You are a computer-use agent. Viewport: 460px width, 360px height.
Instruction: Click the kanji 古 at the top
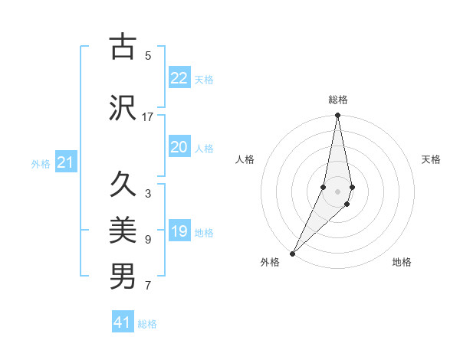click(x=123, y=47)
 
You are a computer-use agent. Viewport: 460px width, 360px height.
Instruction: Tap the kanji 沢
click(x=123, y=108)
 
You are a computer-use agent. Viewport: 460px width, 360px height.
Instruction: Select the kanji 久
click(x=123, y=185)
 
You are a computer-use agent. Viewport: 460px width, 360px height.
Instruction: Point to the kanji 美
click(x=123, y=230)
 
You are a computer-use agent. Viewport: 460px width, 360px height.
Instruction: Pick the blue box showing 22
click(x=179, y=78)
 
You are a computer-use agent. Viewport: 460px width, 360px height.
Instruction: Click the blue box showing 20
click(x=179, y=147)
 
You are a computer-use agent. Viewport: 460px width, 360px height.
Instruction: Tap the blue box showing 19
click(x=179, y=231)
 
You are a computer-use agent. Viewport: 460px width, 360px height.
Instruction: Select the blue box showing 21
click(x=66, y=162)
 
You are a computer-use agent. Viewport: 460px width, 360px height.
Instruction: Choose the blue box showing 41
click(x=123, y=322)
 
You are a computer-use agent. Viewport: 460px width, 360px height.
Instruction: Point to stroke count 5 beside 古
click(x=148, y=55)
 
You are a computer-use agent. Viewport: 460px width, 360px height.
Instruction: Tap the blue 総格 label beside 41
click(x=147, y=324)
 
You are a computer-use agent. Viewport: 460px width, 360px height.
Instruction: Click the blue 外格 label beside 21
click(x=41, y=163)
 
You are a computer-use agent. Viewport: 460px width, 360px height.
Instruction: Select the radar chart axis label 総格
click(x=337, y=100)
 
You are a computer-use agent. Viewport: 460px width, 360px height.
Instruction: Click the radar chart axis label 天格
click(x=432, y=159)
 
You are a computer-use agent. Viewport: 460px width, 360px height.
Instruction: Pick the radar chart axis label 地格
click(x=402, y=262)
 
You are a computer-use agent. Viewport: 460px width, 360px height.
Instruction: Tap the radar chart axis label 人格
click(x=245, y=159)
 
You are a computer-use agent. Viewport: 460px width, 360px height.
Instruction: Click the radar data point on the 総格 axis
click(x=337, y=116)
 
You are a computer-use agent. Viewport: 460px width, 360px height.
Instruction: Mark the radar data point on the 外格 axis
click(x=292, y=253)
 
